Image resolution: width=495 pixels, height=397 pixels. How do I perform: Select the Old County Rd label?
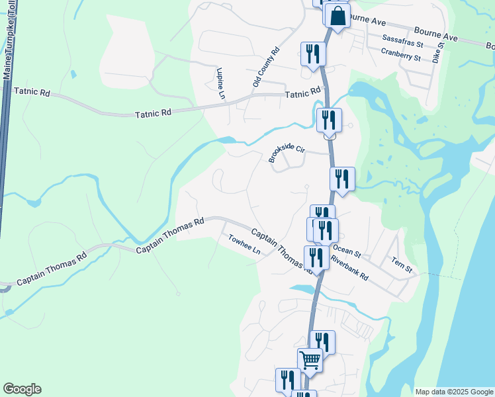click(x=266, y=67)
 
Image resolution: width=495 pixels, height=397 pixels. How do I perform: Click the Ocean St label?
click(x=347, y=251)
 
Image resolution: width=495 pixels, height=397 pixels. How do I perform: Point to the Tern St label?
click(x=402, y=265)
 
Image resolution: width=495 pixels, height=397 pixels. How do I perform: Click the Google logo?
click(x=22, y=389)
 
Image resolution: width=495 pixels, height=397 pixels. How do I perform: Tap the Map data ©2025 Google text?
click(x=455, y=392)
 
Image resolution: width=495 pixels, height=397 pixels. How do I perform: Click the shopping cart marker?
click(x=310, y=360)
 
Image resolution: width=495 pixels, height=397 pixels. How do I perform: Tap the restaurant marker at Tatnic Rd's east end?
click(x=329, y=120)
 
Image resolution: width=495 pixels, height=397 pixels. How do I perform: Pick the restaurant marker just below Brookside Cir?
click(x=342, y=179)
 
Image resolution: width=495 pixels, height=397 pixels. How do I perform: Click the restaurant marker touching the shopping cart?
click(x=322, y=343)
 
